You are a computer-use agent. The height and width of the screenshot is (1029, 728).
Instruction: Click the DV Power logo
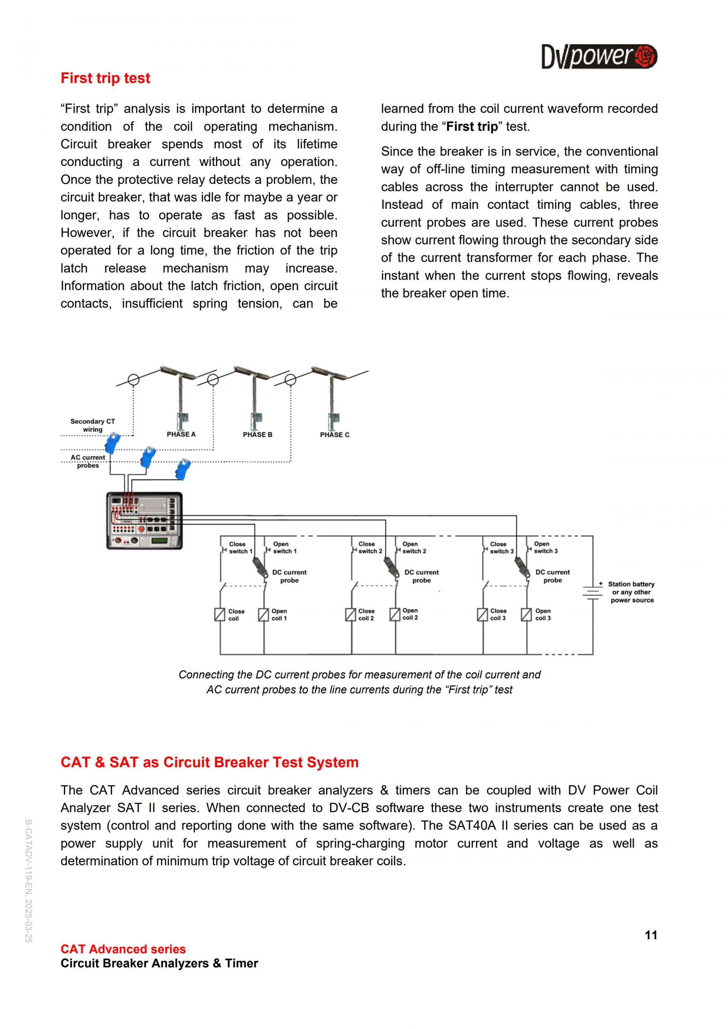click(x=599, y=56)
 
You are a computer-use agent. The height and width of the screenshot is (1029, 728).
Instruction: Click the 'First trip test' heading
click(x=105, y=78)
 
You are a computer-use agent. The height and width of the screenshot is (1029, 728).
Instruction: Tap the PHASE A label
click(x=181, y=434)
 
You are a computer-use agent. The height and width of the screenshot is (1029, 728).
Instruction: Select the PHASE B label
click(x=257, y=435)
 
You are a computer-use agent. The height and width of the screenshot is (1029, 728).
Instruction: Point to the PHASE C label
click(x=334, y=435)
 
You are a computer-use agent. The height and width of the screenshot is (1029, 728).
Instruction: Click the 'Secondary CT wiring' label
click(x=93, y=425)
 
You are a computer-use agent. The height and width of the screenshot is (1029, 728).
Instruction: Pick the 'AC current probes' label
click(x=88, y=461)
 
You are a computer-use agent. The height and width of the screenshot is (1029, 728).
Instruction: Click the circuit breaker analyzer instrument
click(x=144, y=521)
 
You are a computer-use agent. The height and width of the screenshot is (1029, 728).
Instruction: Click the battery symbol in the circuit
click(x=593, y=593)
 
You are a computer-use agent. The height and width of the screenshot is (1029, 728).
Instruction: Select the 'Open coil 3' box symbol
click(x=526, y=614)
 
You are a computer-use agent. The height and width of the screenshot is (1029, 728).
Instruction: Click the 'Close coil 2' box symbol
click(x=350, y=614)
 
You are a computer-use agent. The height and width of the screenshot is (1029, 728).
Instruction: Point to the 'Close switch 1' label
click(x=240, y=548)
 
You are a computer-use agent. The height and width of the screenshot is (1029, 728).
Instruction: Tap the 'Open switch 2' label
click(x=414, y=548)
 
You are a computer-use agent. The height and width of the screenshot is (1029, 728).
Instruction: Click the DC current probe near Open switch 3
click(x=521, y=567)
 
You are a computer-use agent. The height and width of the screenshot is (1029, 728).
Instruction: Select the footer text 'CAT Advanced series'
click(x=123, y=949)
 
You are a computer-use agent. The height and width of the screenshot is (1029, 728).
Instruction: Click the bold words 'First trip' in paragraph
click(x=472, y=127)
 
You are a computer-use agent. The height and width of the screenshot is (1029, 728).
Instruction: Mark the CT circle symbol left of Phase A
click(x=133, y=380)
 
